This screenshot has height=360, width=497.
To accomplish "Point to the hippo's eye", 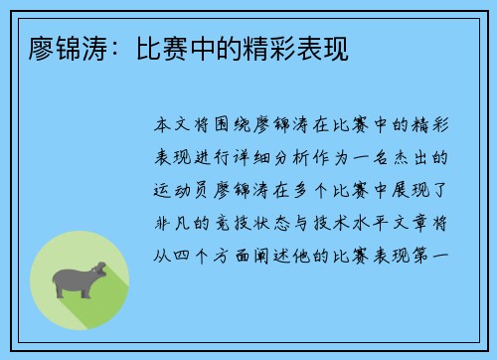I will click(x=93, y=270).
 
